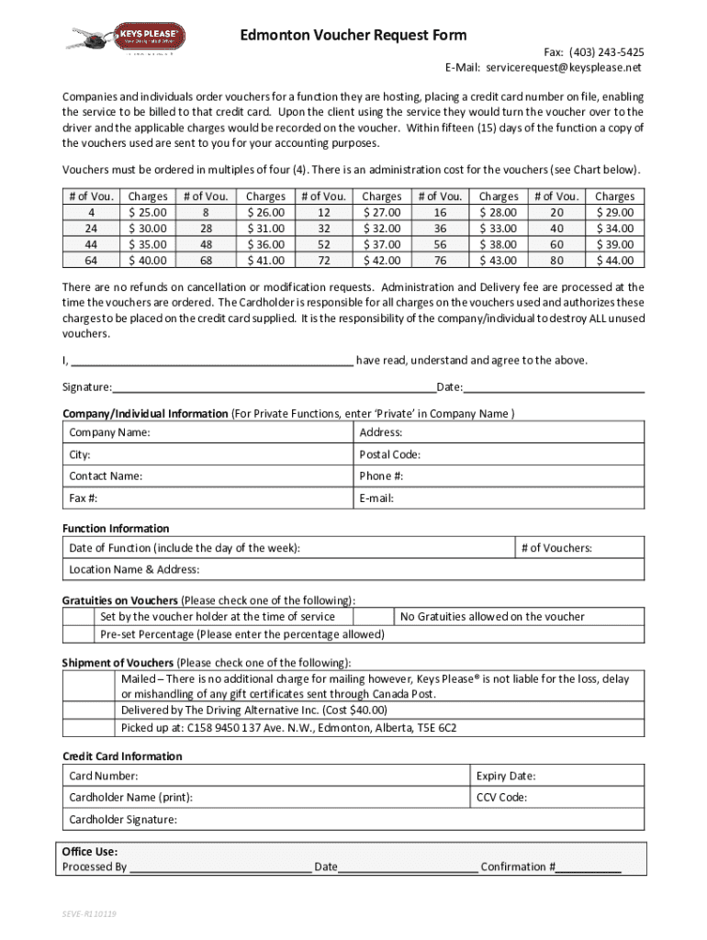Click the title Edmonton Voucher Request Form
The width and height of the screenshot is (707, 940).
[x=353, y=36]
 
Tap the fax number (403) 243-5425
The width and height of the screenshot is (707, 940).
[x=606, y=52]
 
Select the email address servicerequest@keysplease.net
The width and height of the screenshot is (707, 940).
[x=564, y=68]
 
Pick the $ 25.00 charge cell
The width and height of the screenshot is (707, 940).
[x=148, y=213]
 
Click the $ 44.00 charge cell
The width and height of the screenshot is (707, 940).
[x=614, y=261]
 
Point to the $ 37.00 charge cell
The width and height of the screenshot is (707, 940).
[x=381, y=245]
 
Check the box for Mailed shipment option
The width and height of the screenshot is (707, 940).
[x=89, y=687]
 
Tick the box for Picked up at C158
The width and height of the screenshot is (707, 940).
[x=89, y=728]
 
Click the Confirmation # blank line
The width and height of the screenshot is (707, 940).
[x=589, y=867]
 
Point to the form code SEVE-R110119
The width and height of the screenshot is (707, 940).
[x=89, y=915]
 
